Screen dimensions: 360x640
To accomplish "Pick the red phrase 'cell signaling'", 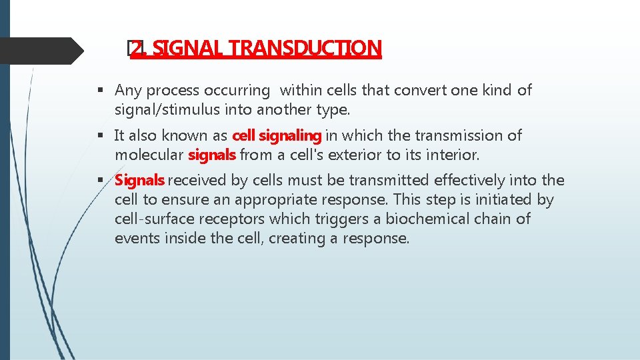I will (x=277, y=135).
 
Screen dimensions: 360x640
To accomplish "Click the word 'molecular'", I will (x=149, y=154).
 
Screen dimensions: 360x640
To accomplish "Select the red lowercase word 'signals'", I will (x=212, y=154).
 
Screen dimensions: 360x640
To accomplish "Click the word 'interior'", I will (x=451, y=154).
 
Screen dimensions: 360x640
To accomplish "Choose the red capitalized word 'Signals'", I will (x=139, y=180).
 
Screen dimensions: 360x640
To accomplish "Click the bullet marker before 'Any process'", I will (x=99, y=91).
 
